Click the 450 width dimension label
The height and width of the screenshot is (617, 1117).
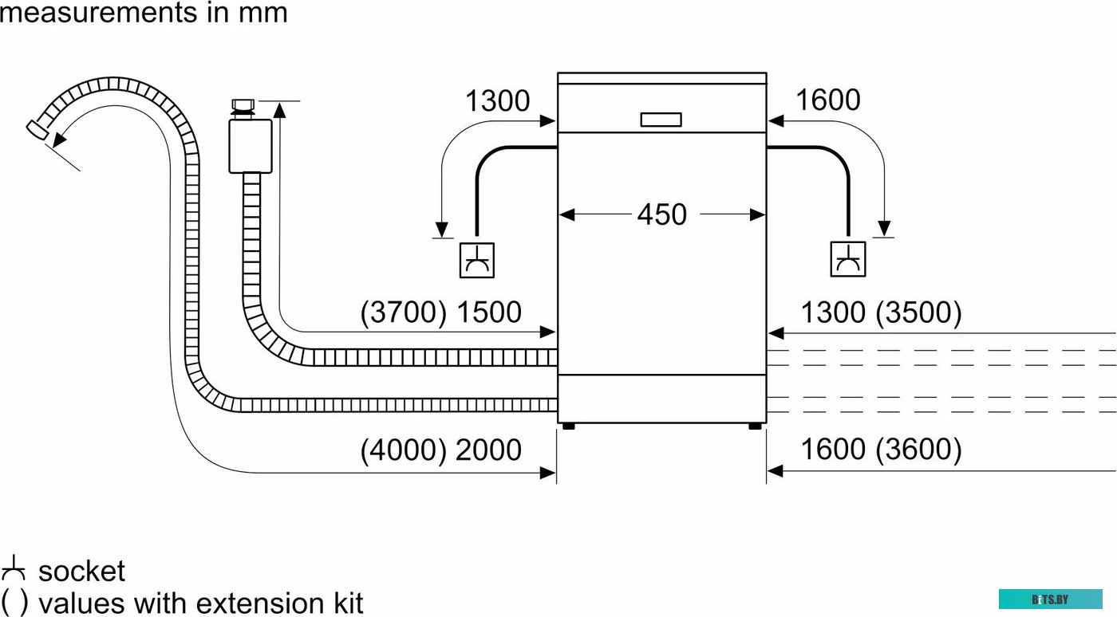click(x=661, y=214)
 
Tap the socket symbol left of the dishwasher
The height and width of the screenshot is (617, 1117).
click(x=477, y=260)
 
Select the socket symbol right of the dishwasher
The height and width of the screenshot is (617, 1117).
click(x=847, y=258)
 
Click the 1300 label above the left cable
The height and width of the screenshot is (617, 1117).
click(x=497, y=100)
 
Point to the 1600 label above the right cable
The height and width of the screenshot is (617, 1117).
click(x=828, y=100)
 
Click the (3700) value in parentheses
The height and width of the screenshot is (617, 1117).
click(x=403, y=312)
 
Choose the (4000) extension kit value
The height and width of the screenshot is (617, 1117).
click(x=403, y=450)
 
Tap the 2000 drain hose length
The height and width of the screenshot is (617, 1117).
click(x=488, y=450)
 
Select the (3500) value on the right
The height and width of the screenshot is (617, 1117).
click(x=918, y=313)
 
